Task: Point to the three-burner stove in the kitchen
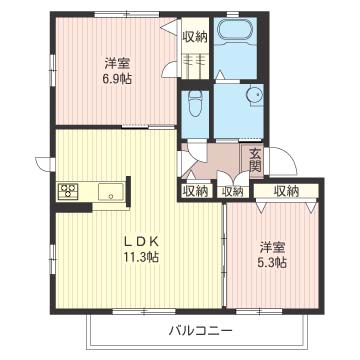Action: tap(69, 190)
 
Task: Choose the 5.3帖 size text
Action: tap(272, 263)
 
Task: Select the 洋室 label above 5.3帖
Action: tap(272, 247)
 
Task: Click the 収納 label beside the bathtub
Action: tap(195, 37)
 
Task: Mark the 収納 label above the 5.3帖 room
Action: tap(286, 191)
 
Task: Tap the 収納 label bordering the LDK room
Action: tap(196, 191)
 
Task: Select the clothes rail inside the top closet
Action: tap(195, 60)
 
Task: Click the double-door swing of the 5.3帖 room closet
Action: tap(272, 208)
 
